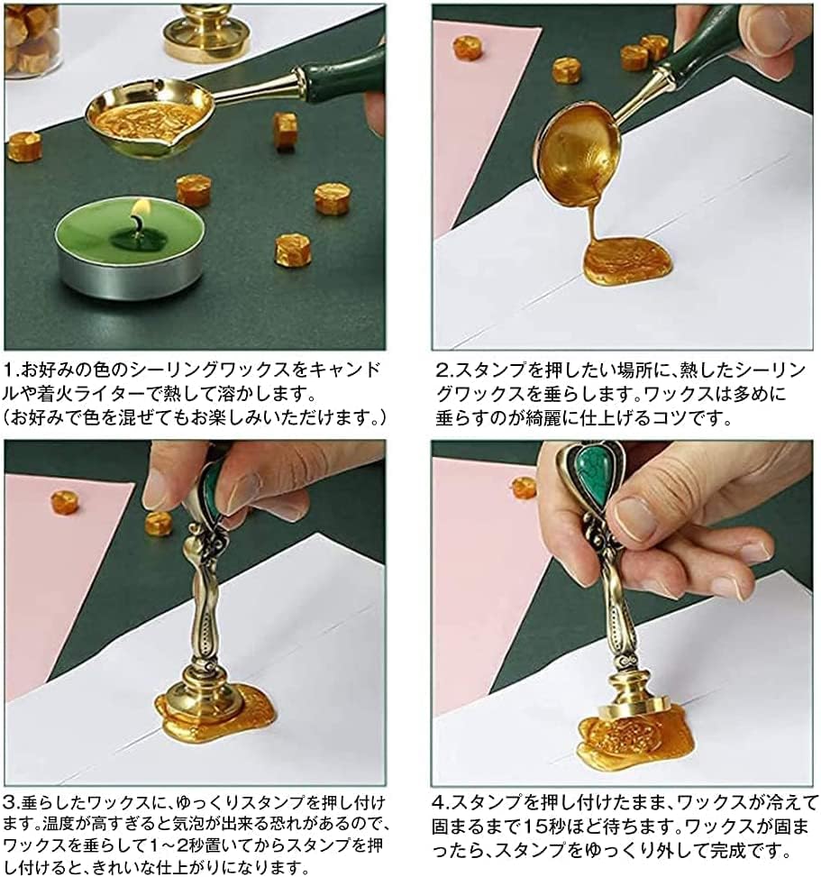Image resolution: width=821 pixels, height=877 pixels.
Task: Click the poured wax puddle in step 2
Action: coord(627,263)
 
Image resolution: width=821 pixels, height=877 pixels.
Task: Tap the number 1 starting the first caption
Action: coord(9,370)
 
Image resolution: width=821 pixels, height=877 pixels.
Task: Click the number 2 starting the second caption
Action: coord(442,370)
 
